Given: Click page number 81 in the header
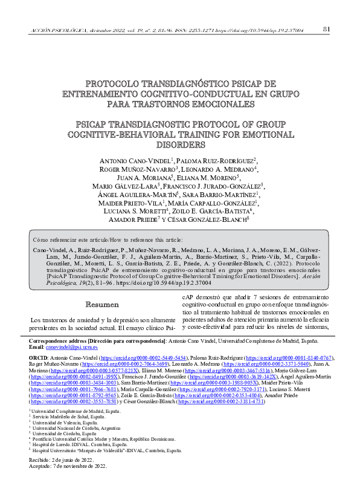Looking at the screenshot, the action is click(x=327, y=29).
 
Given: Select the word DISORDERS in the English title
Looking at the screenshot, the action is click(x=179, y=146).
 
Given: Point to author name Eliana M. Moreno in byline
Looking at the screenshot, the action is click(x=204, y=178).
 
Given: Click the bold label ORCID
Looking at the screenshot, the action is click(x=39, y=358).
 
